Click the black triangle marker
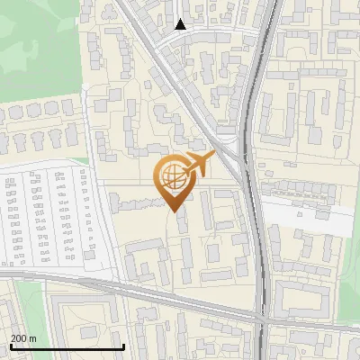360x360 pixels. coord(181,24)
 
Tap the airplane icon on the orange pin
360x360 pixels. coord(199,165)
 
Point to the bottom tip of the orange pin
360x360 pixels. coord(174,211)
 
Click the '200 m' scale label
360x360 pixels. coord(23,338)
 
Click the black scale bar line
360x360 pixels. coord(67,347)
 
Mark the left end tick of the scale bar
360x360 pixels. coord(11,346)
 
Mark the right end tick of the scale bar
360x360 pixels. coord(123,346)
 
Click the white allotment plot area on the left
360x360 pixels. coord(45,216)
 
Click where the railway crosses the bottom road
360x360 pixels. coord(261,319)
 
